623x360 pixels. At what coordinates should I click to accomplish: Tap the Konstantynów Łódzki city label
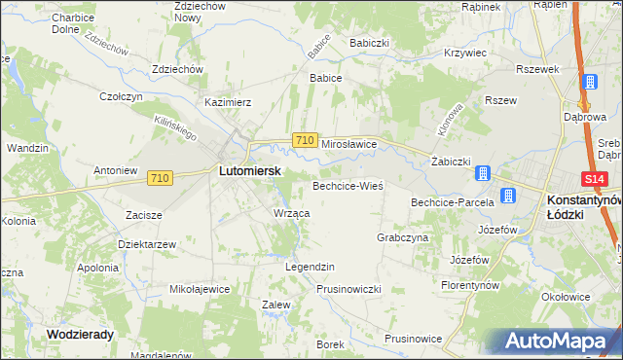tap(578, 205)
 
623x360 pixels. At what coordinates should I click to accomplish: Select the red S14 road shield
tap(596, 179)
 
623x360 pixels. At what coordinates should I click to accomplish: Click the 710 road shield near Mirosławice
tap(304, 141)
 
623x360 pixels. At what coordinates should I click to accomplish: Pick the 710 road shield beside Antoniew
tap(161, 178)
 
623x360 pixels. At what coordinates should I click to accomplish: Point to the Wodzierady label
tap(80, 334)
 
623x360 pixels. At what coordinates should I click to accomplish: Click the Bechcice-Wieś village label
tap(348, 185)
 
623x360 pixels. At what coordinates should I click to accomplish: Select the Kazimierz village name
tap(228, 101)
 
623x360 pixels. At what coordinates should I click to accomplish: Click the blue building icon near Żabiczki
tap(482, 174)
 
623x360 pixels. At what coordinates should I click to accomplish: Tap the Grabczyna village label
tap(402, 237)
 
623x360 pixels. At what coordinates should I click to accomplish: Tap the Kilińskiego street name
tap(175, 127)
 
